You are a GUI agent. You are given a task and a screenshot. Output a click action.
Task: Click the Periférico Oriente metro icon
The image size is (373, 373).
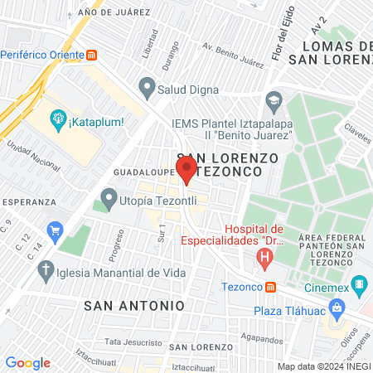coord(92,56)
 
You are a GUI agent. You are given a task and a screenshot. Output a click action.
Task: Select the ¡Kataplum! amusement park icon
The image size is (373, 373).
coord(58,121)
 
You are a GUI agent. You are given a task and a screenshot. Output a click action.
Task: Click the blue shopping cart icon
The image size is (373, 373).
coord(56,229)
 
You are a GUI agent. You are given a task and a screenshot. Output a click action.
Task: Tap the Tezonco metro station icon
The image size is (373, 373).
coord(270,287)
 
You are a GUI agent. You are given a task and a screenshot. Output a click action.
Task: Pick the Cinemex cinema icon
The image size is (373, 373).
coord(358,287)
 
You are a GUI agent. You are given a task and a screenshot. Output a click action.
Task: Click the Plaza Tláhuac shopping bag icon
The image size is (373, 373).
coord(337,310)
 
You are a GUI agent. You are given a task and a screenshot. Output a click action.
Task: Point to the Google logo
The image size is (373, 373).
coord(27,362)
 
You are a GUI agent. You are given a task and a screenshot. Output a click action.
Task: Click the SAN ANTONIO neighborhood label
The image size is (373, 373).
coord(134,305)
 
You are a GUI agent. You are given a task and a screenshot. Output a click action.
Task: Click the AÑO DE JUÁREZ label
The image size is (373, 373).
coord(114,12)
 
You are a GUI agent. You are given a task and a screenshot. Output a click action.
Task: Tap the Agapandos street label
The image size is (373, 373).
coord(263,338)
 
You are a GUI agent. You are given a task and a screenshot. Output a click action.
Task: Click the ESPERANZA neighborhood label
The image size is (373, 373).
coord(28,201)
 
